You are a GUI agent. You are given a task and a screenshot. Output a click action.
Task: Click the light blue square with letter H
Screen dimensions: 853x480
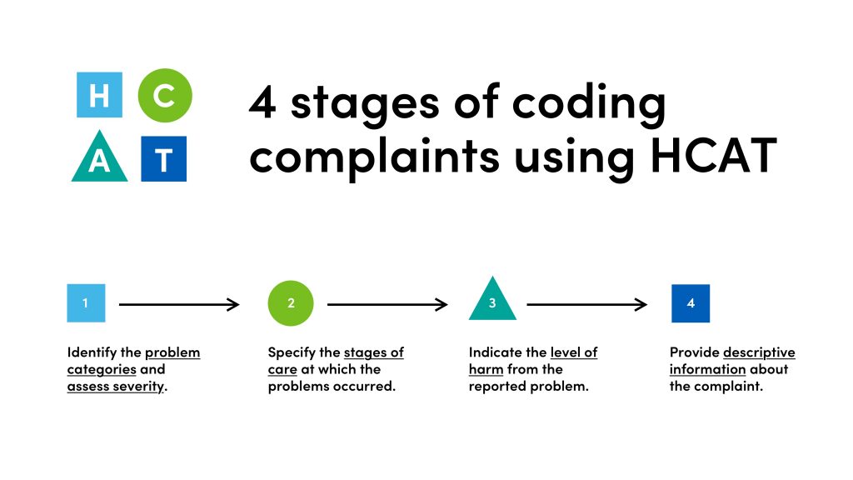click(x=100, y=95)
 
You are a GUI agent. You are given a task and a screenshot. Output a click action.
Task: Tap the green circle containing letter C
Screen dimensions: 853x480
click(x=165, y=95)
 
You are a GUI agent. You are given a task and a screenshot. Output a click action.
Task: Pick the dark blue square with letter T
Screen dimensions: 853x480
click(x=164, y=158)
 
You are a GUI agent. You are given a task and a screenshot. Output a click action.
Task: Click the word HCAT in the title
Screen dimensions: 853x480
click(x=714, y=156)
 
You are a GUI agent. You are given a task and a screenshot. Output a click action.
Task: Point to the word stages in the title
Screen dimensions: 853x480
click(x=365, y=104)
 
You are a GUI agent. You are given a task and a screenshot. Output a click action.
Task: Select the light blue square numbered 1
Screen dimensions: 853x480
click(x=86, y=303)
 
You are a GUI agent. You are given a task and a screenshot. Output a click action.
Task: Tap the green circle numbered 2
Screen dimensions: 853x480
click(x=291, y=303)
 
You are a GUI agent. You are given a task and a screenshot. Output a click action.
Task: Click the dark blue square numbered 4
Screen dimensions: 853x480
click(x=691, y=303)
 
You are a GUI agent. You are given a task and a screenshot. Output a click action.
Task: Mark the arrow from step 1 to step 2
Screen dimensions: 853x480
click(x=179, y=304)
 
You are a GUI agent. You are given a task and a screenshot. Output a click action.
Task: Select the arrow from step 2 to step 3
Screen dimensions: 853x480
click(x=387, y=304)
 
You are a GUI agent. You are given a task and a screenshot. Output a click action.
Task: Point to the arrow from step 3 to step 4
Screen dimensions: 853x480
click(x=587, y=304)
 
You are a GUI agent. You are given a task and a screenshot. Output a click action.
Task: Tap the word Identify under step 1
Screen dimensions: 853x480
click(x=92, y=352)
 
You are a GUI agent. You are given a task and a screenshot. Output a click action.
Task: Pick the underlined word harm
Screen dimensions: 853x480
click(x=486, y=369)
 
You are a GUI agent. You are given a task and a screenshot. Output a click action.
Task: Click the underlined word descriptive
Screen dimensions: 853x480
click(x=759, y=352)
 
